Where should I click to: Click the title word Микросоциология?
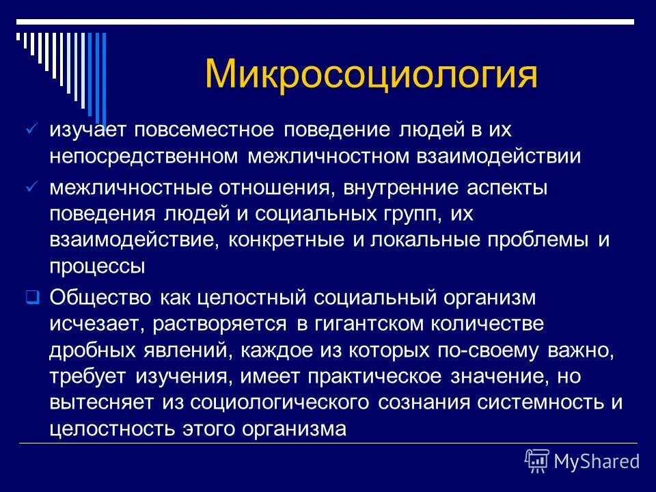(x=370, y=74)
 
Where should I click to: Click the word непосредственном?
(x=143, y=156)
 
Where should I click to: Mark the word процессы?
(x=97, y=266)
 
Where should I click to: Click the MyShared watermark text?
(x=597, y=462)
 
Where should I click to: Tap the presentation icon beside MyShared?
(x=537, y=461)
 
